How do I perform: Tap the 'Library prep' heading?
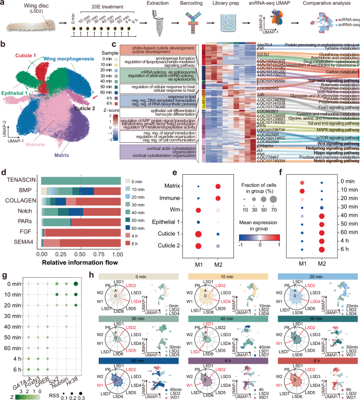click(x=233, y=4)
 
